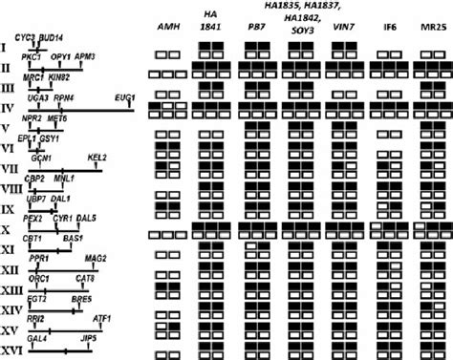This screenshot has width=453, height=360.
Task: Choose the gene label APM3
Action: coord(86,57)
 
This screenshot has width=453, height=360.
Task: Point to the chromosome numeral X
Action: coord(8,230)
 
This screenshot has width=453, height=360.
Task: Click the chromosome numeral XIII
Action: coord(11,290)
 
